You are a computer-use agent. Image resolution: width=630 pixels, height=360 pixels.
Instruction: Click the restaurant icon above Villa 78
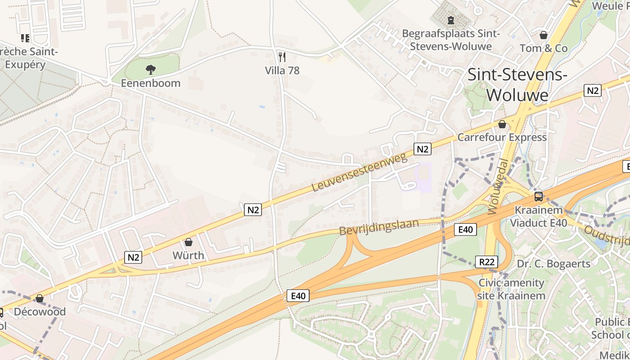(x=282, y=57)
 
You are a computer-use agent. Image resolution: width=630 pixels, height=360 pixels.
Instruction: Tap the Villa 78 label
(x=282, y=71)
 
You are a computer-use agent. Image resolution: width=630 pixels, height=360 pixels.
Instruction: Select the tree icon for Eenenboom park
(x=151, y=69)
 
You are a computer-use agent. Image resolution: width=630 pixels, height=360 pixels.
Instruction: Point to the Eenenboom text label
(x=151, y=83)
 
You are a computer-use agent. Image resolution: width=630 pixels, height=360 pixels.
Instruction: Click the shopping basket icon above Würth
(x=189, y=242)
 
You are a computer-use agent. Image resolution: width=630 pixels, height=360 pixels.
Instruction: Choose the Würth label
(x=189, y=256)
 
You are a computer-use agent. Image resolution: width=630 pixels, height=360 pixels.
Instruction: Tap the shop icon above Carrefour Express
(x=502, y=124)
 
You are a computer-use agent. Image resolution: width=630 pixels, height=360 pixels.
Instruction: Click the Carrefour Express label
(x=502, y=137)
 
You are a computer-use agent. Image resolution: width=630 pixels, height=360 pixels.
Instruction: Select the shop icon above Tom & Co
(x=544, y=35)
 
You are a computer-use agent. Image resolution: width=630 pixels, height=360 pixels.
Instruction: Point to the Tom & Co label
(x=544, y=48)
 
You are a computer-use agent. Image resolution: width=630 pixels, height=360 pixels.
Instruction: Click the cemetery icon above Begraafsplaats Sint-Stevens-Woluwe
(x=450, y=20)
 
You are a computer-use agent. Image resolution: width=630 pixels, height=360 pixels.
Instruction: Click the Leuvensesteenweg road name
(x=359, y=172)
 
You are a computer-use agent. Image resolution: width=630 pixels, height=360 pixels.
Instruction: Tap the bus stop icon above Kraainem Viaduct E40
(x=539, y=196)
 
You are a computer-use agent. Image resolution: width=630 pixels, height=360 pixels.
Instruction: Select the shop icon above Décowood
(x=40, y=298)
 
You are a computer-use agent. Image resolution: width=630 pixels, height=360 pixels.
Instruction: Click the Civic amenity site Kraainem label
(x=511, y=289)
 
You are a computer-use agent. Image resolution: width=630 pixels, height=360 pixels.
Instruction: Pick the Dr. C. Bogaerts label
(x=553, y=264)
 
